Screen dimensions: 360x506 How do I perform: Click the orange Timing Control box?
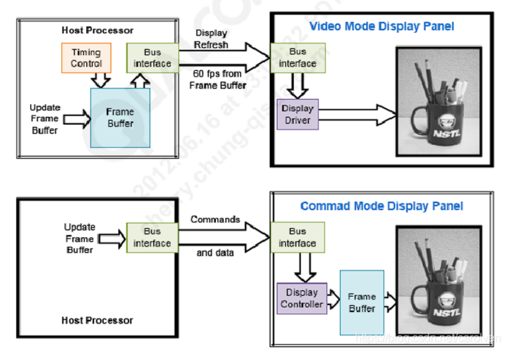(x=86, y=58)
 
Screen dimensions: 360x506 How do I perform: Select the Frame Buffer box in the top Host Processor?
(x=120, y=117)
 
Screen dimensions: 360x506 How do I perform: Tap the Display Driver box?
(x=297, y=114)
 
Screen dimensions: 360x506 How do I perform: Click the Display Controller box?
(x=301, y=299)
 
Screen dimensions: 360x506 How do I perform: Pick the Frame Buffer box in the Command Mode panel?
(x=361, y=302)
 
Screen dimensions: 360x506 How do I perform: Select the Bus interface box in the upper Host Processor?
(x=152, y=58)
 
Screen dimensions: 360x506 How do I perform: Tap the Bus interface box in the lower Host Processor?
(x=152, y=238)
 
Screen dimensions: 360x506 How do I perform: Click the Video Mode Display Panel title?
(x=381, y=27)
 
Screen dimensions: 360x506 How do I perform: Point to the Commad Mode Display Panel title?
(x=381, y=207)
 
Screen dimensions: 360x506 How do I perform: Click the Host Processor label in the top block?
(x=97, y=30)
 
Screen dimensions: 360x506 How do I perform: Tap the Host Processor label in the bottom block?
(x=97, y=320)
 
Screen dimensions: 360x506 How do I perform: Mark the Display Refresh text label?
(x=211, y=38)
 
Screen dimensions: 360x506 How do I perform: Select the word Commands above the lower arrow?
(x=215, y=219)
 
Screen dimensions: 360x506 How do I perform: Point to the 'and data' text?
(x=215, y=253)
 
